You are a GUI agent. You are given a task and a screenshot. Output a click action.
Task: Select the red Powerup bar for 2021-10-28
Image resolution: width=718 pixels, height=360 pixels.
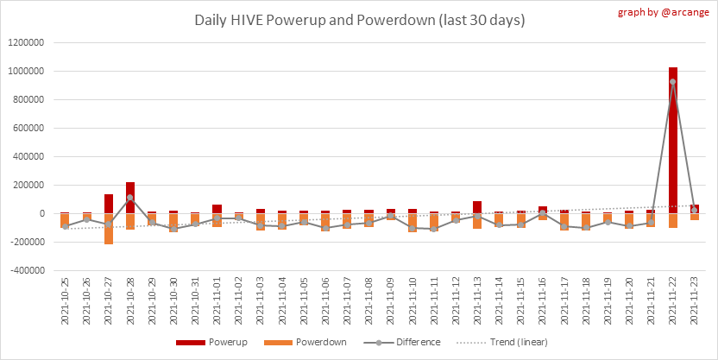point(129,198)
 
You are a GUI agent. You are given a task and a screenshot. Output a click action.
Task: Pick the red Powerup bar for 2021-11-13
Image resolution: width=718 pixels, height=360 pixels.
point(477,207)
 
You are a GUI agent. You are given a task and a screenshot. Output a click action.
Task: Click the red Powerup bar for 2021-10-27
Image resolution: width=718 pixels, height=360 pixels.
point(108,204)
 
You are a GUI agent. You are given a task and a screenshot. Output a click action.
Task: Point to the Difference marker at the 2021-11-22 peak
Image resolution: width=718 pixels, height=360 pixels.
point(672,82)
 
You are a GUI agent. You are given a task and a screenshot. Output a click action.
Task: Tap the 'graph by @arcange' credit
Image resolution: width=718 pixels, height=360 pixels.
point(664,13)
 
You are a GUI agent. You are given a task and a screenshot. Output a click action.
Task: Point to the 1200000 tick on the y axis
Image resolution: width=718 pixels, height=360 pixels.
point(26,42)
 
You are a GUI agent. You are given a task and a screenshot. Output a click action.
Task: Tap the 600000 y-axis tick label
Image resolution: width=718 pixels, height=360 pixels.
point(28,128)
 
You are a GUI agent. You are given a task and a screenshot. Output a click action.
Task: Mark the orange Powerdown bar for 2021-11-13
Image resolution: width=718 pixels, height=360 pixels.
point(477,221)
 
